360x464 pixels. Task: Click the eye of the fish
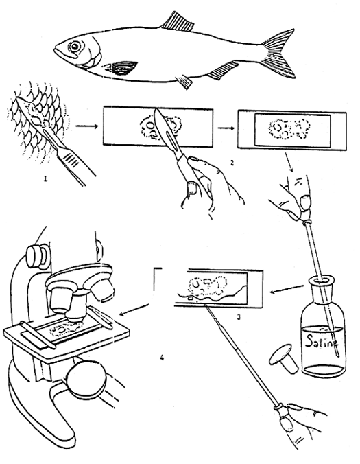73,46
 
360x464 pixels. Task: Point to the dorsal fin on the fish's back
176,19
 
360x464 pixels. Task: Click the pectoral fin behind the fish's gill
123,68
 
